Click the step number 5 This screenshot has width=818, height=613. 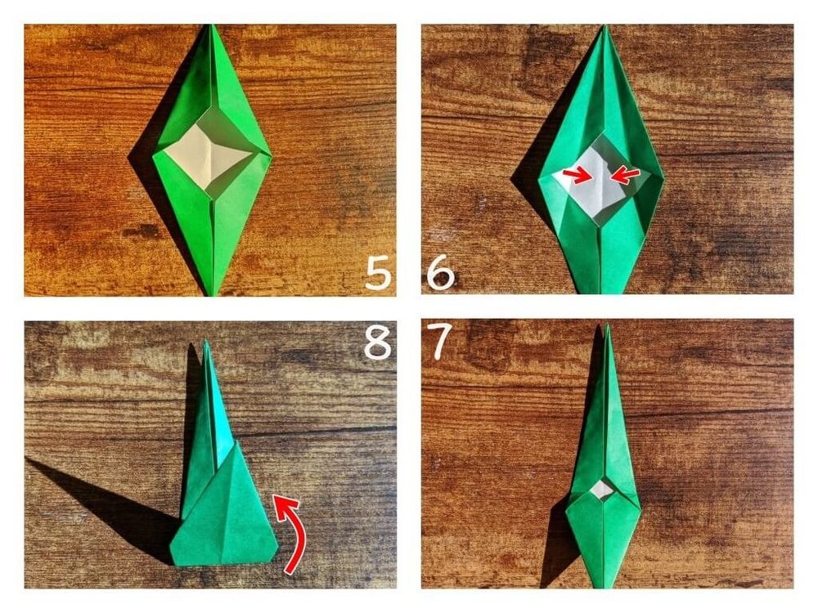(378, 273)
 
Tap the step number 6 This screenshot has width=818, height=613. (441, 273)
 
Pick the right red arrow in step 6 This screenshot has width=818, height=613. (624, 177)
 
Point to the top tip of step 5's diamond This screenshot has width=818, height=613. (210, 25)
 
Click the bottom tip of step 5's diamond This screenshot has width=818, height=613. (213, 295)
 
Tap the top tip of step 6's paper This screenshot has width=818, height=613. (605, 25)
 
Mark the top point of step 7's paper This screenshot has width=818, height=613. (607, 324)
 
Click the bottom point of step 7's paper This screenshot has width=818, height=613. (605, 588)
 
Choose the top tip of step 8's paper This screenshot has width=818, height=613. (206, 340)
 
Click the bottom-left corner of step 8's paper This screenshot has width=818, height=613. (173, 565)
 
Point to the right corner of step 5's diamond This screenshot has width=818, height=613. (271, 154)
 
